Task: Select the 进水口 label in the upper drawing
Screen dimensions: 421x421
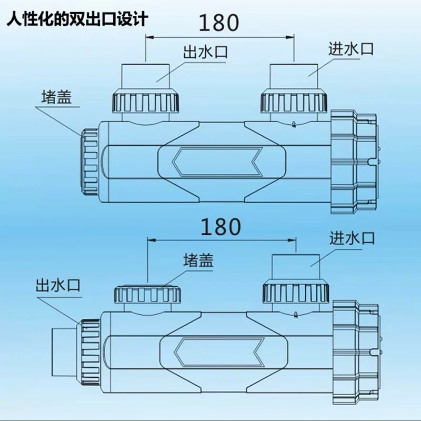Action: tap(351, 49)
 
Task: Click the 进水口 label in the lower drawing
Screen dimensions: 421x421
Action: tap(352, 238)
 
